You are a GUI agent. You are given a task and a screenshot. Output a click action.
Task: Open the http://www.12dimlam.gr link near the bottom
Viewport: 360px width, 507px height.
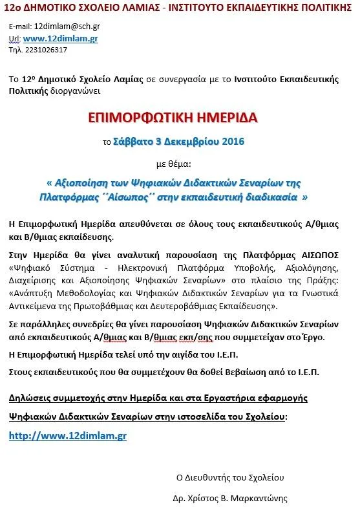68,436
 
